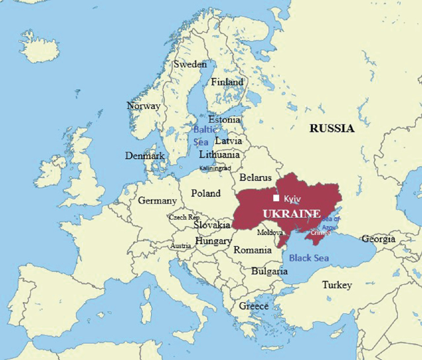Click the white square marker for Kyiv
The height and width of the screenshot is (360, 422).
pos(277,198)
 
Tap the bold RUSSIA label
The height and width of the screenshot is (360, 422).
pos(332,129)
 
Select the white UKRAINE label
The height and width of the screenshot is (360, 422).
pos(291,213)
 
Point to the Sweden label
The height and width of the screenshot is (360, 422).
pos(190,64)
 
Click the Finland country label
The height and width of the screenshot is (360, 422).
pos(227,82)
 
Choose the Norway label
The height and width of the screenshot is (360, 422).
pos(144,106)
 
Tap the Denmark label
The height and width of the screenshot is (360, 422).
pos(145,156)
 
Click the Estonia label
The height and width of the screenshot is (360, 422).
pos(224,120)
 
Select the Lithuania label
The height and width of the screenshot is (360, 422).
pos(219,155)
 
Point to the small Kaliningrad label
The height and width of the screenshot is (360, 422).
pos(215,168)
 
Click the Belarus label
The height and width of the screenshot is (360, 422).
pos(256,177)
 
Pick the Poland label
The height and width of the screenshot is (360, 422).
pos(206,193)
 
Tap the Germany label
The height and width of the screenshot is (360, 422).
pos(157,201)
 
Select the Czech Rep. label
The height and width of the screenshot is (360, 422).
pos(184,217)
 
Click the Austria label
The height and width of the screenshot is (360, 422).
pos(181,246)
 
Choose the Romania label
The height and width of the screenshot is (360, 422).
pos(253,250)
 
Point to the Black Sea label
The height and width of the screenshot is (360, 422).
pos(309,258)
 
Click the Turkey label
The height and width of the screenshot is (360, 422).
pos(337,285)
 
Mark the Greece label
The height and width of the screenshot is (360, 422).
pos(254,306)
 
